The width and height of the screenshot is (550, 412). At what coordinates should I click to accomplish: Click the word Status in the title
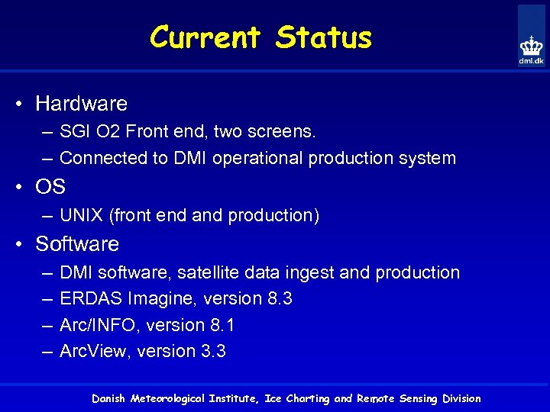click(324, 37)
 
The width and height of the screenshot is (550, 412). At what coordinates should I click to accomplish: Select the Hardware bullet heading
click(81, 103)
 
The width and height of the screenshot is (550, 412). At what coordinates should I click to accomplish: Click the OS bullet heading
click(50, 187)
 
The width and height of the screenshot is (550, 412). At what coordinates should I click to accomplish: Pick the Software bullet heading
click(77, 244)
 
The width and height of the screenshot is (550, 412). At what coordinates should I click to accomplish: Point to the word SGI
click(74, 132)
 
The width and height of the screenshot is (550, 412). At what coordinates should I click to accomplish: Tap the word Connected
click(102, 159)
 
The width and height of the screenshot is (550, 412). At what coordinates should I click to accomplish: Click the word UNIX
click(82, 216)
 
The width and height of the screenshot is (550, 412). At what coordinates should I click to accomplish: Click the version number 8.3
click(280, 299)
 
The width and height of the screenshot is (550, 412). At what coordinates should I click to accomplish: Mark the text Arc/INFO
click(97, 326)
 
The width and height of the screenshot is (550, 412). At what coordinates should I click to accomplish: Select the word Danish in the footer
click(109, 398)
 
